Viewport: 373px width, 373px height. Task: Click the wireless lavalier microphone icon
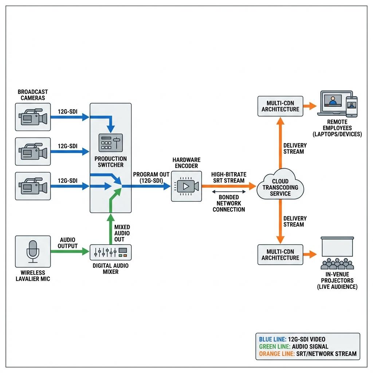pos(33,251)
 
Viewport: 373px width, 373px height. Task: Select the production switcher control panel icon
pos(111,143)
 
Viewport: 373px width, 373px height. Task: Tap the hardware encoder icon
pos(186,186)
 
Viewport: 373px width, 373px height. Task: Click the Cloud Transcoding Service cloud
pos(280,184)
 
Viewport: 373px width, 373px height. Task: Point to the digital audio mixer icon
pos(111,252)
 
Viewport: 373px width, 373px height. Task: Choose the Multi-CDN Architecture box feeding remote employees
pos(280,106)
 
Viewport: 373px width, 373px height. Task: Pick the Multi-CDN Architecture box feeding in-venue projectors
pos(280,255)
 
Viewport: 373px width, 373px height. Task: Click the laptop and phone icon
pos(338,104)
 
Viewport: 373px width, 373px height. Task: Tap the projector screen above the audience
pos(337,247)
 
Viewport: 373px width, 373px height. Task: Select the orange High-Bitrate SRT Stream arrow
pos(229,186)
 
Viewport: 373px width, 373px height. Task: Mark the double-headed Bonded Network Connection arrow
pos(229,192)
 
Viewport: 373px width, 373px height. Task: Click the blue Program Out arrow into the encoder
pos(146,186)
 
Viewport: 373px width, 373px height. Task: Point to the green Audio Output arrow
pos(70,251)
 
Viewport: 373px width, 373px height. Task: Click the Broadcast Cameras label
pos(33,95)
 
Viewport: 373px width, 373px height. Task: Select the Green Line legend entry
pos(294,347)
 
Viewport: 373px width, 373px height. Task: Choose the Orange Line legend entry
pos(308,354)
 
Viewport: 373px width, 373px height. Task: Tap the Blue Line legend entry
pos(292,339)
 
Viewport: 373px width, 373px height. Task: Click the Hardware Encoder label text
pos(186,163)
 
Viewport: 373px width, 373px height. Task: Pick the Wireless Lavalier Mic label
pos(33,276)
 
